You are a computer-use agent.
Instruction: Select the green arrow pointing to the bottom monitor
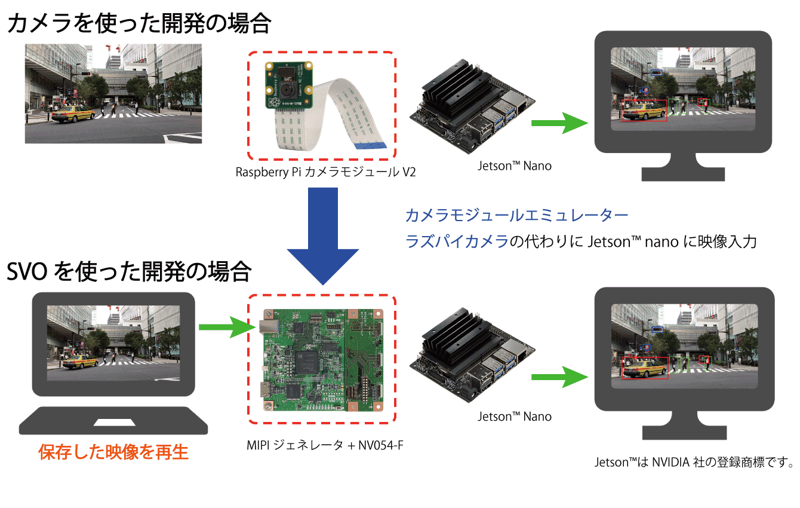tap(558, 377)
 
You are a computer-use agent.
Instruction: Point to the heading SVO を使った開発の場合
tap(128, 272)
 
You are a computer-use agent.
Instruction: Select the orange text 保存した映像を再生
tap(113, 452)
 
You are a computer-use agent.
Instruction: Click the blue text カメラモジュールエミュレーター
tap(516, 215)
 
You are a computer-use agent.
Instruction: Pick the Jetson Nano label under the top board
tap(515, 166)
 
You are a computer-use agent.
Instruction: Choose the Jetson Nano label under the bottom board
tap(515, 417)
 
